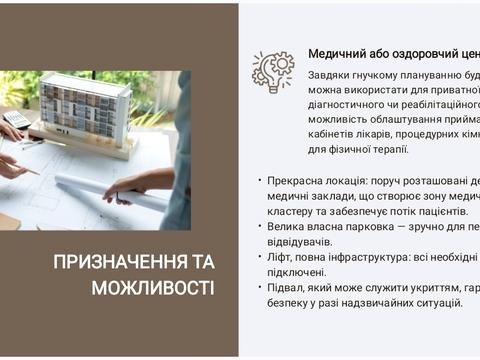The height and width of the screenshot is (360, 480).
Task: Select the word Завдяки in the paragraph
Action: coord(332,75)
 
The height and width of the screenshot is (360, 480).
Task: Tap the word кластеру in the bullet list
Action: coord(294,211)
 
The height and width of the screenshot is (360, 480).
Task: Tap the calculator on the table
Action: coord(16,119)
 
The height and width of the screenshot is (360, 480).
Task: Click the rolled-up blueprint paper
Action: coord(112,191)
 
